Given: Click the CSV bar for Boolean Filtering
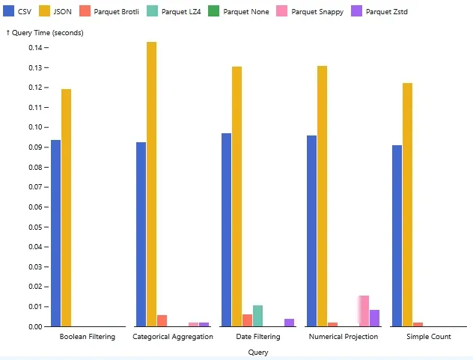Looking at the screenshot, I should point(56,233).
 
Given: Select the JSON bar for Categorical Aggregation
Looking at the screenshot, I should point(152,184).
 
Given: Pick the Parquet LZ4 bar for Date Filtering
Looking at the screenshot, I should point(258,316).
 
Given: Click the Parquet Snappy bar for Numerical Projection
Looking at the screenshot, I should point(364,311).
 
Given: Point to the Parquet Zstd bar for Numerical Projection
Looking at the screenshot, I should point(375,318).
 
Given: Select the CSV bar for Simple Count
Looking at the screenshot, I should point(397,236).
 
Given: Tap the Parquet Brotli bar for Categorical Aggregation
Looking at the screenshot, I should point(162,321).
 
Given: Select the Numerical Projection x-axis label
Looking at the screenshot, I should point(344,337).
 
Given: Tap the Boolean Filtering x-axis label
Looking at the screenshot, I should point(88,337).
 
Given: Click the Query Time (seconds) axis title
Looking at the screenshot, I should point(46,33).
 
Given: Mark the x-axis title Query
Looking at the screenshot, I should point(258,352).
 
